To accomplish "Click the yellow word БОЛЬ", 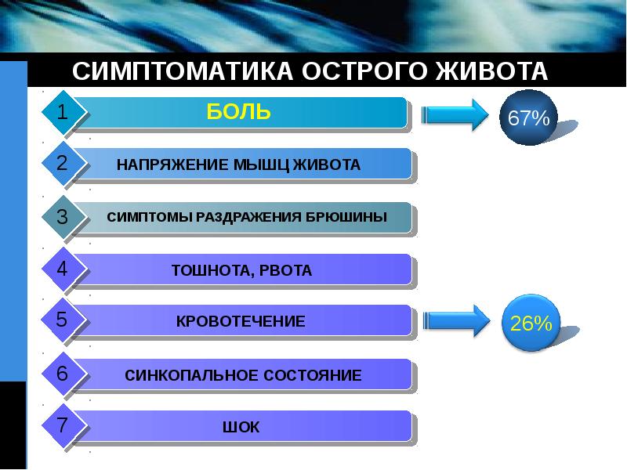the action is coord(239,112).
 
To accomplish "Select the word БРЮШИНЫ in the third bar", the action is coord(350,217).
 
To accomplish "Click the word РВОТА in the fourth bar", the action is coord(288,271).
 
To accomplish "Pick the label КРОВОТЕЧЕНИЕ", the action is coord(241,321).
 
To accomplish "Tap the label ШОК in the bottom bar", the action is coord(241,428).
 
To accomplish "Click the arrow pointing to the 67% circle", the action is coord(455,116).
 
